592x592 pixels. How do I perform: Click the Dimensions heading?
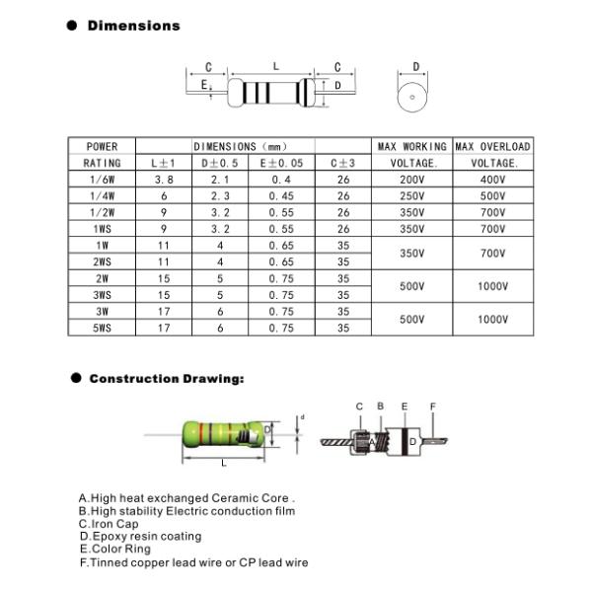pos(133,26)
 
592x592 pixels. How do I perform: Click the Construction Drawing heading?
pos(166,379)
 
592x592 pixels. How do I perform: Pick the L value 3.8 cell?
pos(164,180)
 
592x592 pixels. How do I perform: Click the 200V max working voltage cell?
pos(411,180)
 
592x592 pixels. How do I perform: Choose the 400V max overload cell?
pos(492,180)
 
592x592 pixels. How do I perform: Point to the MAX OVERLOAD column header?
pos(492,146)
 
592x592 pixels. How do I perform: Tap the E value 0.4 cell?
pos(281,180)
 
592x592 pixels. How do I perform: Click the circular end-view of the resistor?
pos(415,97)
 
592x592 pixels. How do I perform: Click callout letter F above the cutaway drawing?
pos(432,407)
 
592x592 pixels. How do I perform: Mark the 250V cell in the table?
pos(411,196)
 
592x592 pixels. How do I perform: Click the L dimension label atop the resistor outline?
pos(275,66)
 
